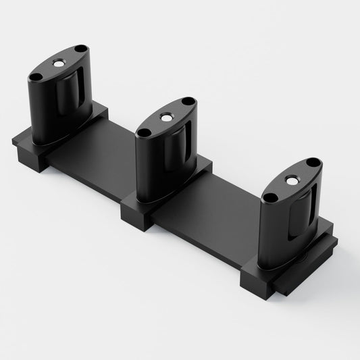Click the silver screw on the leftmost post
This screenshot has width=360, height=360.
point(58,62)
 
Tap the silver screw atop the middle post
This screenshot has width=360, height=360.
point(165,116)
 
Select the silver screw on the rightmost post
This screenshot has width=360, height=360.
point(290,180)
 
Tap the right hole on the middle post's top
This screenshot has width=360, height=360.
point(187,102)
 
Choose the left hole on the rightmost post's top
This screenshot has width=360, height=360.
point(269,198)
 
